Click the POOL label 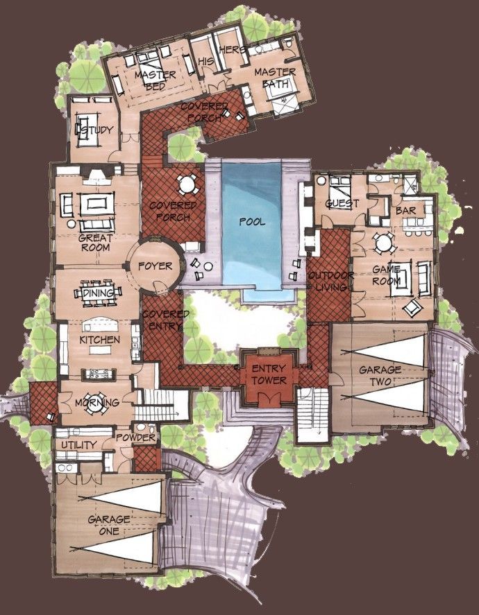(x=251, y=223)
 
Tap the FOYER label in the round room (x=151, y=266)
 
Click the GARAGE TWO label (x=380, y=376)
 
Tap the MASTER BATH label (x=275, y=78)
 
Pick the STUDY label (x=94, y=132)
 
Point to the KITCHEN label (x=100, y=340)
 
